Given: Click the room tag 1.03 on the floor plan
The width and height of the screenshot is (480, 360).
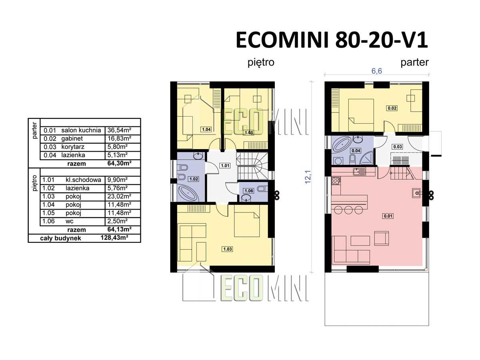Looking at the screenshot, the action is tap(227, 249).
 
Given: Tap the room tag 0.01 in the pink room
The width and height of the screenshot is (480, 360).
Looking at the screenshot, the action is tap(388, 216).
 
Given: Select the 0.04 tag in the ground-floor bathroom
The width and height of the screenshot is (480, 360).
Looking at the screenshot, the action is tap(356, 151).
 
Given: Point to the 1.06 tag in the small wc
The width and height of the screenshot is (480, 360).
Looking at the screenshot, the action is tap(249, 191).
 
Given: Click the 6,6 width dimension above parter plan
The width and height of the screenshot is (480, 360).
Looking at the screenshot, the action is tap(376, 71).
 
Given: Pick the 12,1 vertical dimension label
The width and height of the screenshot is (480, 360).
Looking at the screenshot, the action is tap(308, 177).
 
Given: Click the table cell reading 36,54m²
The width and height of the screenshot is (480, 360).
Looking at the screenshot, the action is tap(119, 130).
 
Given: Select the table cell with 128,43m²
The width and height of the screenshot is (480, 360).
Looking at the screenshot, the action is tap(114, 238).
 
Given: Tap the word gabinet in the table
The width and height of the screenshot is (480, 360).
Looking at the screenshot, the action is tap(72, 138).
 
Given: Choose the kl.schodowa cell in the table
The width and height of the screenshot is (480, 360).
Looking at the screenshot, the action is tap(83, 180).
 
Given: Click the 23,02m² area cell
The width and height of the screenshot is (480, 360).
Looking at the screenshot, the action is tap(119, 196).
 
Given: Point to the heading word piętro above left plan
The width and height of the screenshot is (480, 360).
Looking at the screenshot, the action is tap(261, 63).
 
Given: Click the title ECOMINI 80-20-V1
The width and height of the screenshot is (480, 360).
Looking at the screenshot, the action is tap(332, 40).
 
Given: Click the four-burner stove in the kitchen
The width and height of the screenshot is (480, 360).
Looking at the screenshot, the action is tap(336, 181).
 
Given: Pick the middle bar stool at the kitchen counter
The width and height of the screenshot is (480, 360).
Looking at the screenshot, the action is tap(348, 210).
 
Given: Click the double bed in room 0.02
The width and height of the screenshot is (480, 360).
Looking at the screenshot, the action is tap(361, 115).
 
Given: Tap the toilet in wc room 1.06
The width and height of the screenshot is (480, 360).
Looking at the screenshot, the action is tap(262, 188).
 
